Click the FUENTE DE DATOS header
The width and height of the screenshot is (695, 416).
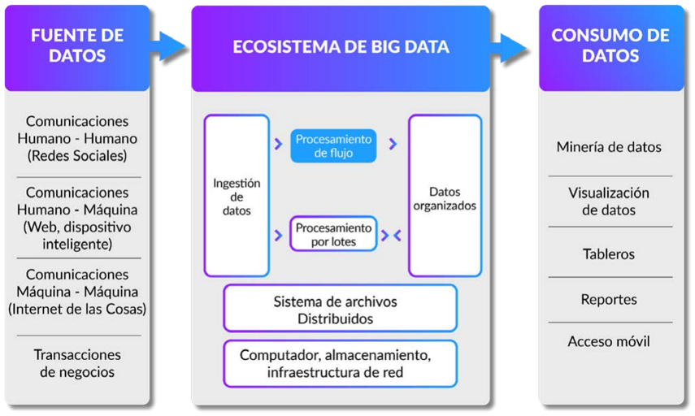coord(77,45)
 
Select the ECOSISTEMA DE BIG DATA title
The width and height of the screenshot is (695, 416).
coord(341,47)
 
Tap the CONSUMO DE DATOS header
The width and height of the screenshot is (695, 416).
coord(610,45)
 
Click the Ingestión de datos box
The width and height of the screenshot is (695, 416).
coord(237,196)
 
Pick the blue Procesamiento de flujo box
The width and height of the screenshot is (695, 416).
coord(333,146)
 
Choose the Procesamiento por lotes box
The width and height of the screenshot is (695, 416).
coord(333,234)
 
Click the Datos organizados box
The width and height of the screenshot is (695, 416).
coord(445,196)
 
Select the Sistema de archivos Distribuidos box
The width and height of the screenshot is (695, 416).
coord(340,309)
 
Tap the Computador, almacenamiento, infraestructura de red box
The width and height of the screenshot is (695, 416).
coord(340,363)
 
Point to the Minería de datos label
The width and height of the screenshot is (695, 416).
coord(609,147)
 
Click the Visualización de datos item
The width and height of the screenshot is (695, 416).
coord(609,201)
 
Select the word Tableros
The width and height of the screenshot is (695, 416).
coord(609,253)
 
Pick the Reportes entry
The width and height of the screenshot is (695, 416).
coord(609,299)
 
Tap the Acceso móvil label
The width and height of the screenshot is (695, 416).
coord(609,341)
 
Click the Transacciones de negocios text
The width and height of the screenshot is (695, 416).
coord(77,363)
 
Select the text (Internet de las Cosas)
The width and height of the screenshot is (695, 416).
coord(77,309)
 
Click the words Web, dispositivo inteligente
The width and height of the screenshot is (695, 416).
coord(77,235)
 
